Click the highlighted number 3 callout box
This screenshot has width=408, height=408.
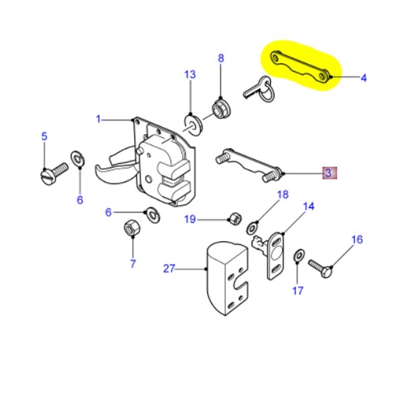coord(328,173)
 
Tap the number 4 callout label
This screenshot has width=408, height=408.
coord(363,78)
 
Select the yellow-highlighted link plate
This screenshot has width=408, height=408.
coord(301,67)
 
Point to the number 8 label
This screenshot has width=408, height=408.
coord(221,58)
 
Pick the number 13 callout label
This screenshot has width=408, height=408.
coord(190,75)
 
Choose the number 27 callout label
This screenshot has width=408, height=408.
coord(169,269)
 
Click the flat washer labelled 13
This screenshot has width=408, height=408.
coord(192,123)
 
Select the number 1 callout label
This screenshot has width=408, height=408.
coord(99,119)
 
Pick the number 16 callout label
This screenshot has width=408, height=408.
coord(357,239)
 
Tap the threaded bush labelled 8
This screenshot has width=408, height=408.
coord(220,108)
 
